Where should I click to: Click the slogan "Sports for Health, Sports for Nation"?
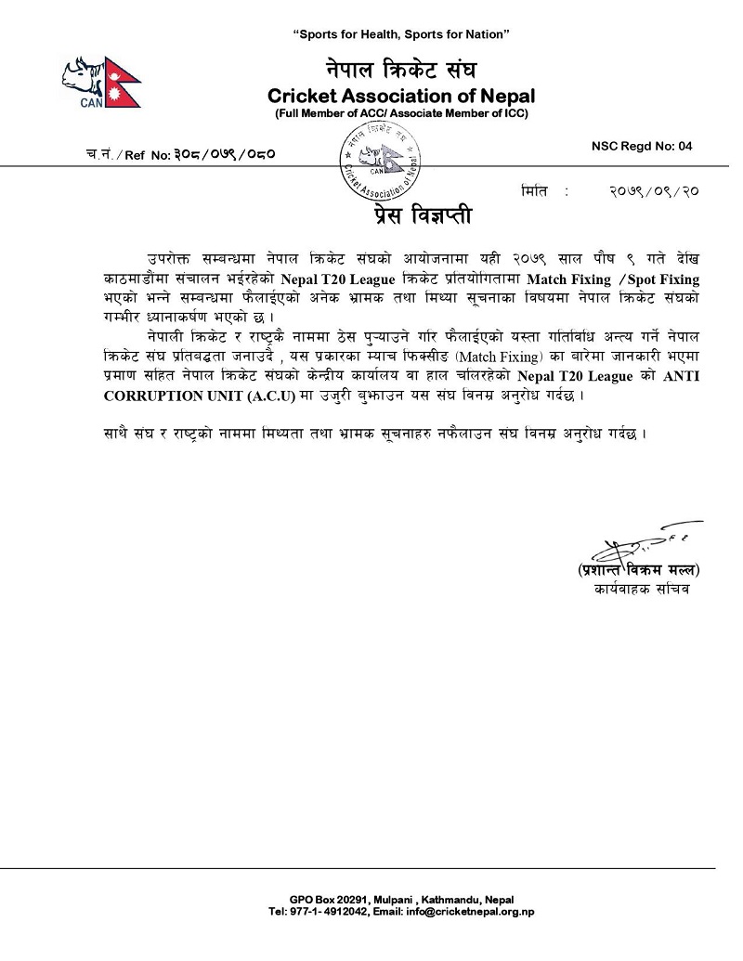pos(401,34)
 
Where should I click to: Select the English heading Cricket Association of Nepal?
pos(401,96)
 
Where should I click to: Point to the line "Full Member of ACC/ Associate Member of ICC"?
pos(401,113)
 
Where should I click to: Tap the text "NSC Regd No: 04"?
pos(642,146)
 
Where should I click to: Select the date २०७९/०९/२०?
pos(654,190)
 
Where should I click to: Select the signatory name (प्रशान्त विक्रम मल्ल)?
pos(638,569)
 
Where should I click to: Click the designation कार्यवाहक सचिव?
pos(639,590)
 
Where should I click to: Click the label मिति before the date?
pos(537,190)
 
